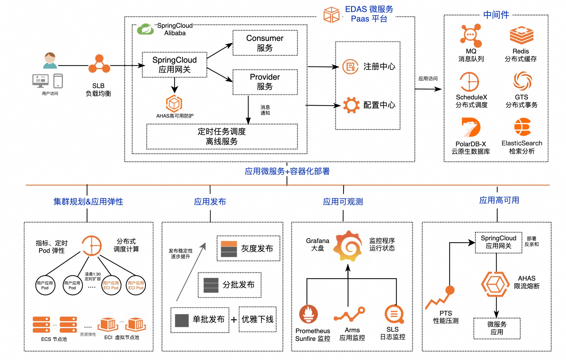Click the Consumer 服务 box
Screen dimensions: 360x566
(265, 43)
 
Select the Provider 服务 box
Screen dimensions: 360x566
(265, 82)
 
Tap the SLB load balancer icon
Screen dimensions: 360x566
(99, 64)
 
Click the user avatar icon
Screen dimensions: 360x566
(50, 61)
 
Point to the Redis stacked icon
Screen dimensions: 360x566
(521, 35)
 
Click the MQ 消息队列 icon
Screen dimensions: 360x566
(471, 36)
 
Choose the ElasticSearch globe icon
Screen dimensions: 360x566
(522, 127)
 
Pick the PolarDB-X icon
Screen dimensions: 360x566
(471, 127)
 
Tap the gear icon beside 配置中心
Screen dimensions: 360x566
(351, 105)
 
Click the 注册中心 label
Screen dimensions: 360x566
(379, 67)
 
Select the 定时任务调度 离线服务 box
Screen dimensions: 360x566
(222, 136)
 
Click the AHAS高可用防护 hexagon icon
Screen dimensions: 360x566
(174, 104)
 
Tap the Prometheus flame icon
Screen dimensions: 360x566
(308, 314)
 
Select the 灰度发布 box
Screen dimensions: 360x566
(248, 248)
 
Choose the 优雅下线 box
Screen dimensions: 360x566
(258, 319)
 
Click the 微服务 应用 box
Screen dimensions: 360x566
(497, 328)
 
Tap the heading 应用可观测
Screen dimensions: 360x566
(343, 202)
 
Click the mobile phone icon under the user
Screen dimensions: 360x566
(58, 81)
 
